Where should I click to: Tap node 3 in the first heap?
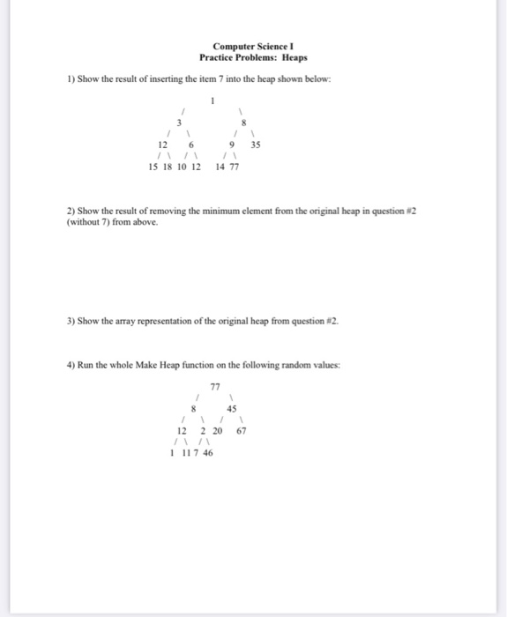tap(179, 123)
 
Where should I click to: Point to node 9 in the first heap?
tap(231, 145)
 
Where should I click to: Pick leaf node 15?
tap(153, 167)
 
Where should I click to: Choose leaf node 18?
tap(168, 167)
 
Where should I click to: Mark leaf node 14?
tap(220, 167)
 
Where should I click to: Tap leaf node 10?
tap(182, 167)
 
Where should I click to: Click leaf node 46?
tap(207, 452)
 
